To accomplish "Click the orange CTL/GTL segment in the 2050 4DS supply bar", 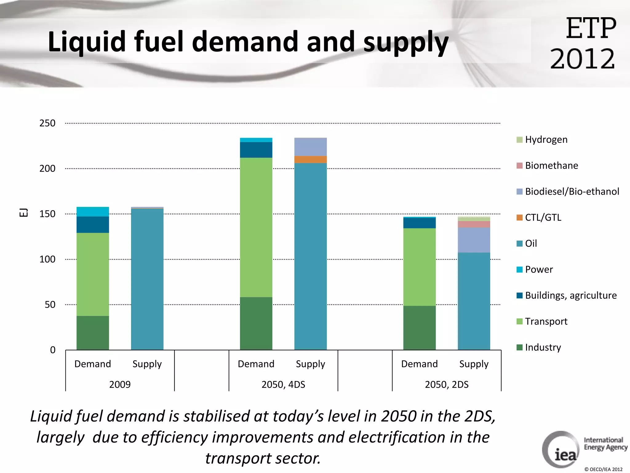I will tap(310, 159).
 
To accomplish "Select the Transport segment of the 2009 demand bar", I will tap(93, 274).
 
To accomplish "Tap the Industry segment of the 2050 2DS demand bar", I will tap(419, 328).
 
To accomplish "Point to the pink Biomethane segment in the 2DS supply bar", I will tap(474, 224).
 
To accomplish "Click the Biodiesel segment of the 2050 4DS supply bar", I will tap(310, 147).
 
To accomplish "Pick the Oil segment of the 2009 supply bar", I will tap(147, 279).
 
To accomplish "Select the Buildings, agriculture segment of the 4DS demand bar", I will tap(256, 150).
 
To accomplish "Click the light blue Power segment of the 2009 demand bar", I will tap(93, 212).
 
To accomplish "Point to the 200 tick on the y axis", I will tap(47, 168).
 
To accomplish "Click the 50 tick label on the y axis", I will tap(50, 305).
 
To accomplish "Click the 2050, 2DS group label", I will tap(447, 384).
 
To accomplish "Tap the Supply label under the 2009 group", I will tap(147, 364).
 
